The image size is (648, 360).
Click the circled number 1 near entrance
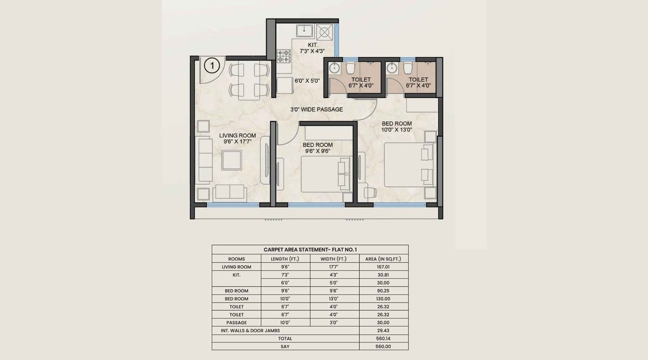tap(211, 65)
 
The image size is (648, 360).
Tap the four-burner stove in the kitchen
tap(284, 55)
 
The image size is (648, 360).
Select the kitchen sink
tap(304, 31)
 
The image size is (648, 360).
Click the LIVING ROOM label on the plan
tap(237, 136)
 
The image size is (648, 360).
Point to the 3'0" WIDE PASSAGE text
tap(316, 109)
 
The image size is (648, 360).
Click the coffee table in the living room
tap(232, 160)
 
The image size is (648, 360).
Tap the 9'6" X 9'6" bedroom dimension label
tap(318, 151)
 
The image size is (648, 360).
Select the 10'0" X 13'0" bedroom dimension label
tap(396, 130)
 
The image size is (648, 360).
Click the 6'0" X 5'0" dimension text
tap(307, 81)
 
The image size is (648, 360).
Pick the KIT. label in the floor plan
tap(313, 45)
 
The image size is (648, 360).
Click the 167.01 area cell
tap(383, 267)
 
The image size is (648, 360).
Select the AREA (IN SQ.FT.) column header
tap(383, 259)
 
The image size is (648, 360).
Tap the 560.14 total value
tap(383, 339)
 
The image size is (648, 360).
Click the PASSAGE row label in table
tap(237, 323)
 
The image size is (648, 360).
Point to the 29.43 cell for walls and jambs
tap(383, 330)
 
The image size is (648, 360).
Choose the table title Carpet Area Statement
tap(310, 250)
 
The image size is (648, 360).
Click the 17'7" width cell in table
tap(334, 267)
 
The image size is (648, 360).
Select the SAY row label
tap(285, 347)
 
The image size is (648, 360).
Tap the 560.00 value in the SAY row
tap(383, 347)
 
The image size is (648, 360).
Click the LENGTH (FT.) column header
tap(285, 259)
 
